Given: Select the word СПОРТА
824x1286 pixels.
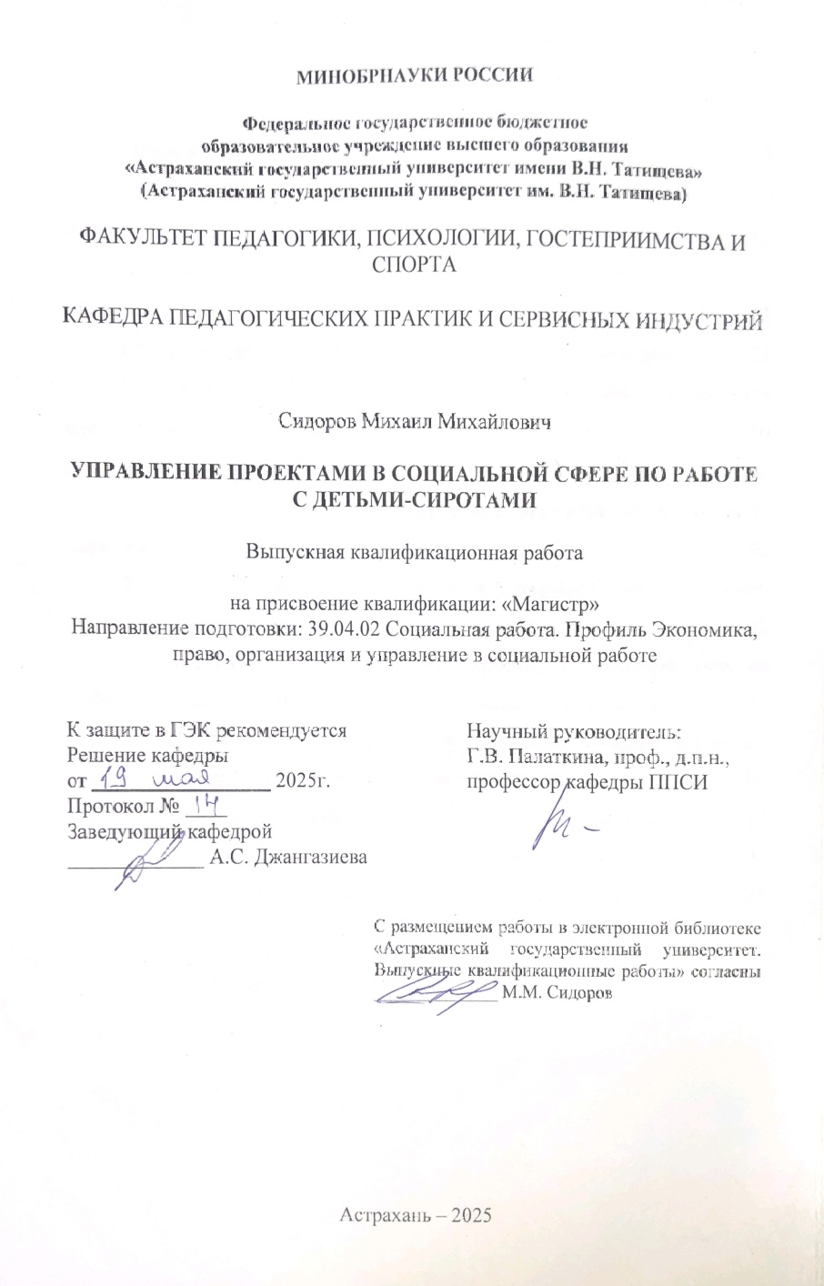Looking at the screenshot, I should click(x=414, y=265).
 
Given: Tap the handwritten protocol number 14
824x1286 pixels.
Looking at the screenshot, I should click(x=203, y=805).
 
